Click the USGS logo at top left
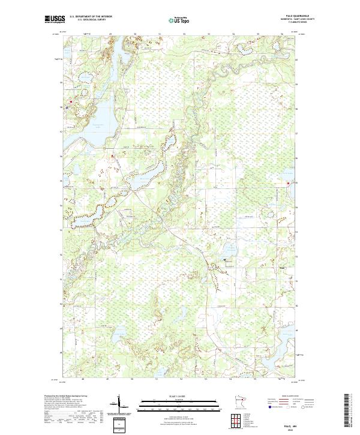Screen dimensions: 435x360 click(55, 19)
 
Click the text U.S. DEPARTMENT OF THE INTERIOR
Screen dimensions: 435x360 click(91, 17)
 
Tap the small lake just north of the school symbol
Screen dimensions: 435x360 click(229, 248)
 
